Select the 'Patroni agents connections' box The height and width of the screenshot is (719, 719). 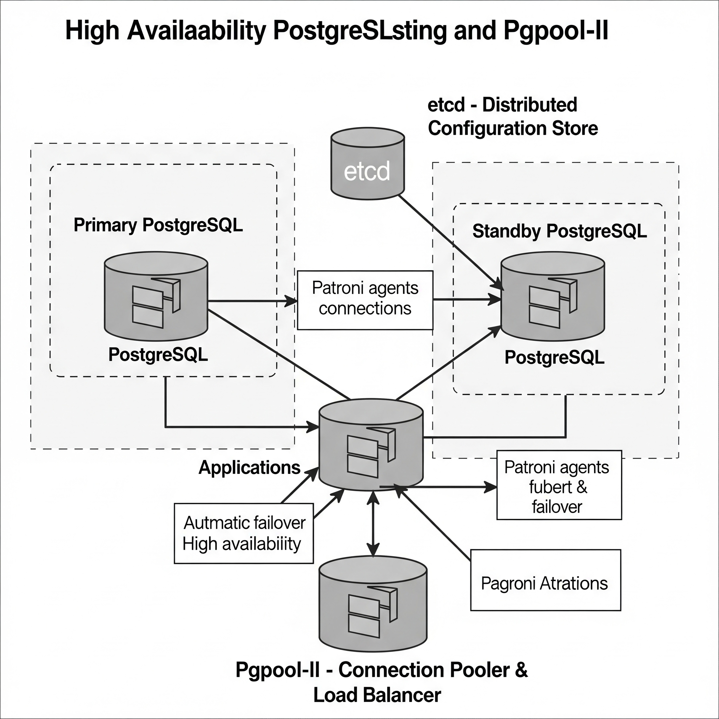365,300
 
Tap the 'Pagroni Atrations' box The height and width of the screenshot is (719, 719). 546,580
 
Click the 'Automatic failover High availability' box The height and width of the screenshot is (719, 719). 244,533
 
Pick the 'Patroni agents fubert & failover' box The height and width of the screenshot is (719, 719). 559,485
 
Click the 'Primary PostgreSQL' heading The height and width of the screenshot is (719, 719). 158,225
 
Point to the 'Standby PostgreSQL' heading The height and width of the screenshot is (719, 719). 559,231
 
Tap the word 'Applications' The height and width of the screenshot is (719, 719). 249,467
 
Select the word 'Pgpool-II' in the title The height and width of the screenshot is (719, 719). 556,31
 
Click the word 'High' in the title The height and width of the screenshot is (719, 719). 92,31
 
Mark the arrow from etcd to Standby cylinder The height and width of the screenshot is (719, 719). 451,242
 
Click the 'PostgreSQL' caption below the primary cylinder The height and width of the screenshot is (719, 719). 158,355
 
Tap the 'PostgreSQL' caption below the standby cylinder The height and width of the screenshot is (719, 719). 554,358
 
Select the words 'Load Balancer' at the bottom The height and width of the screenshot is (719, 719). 377,695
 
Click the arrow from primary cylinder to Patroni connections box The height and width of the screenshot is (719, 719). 253,301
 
